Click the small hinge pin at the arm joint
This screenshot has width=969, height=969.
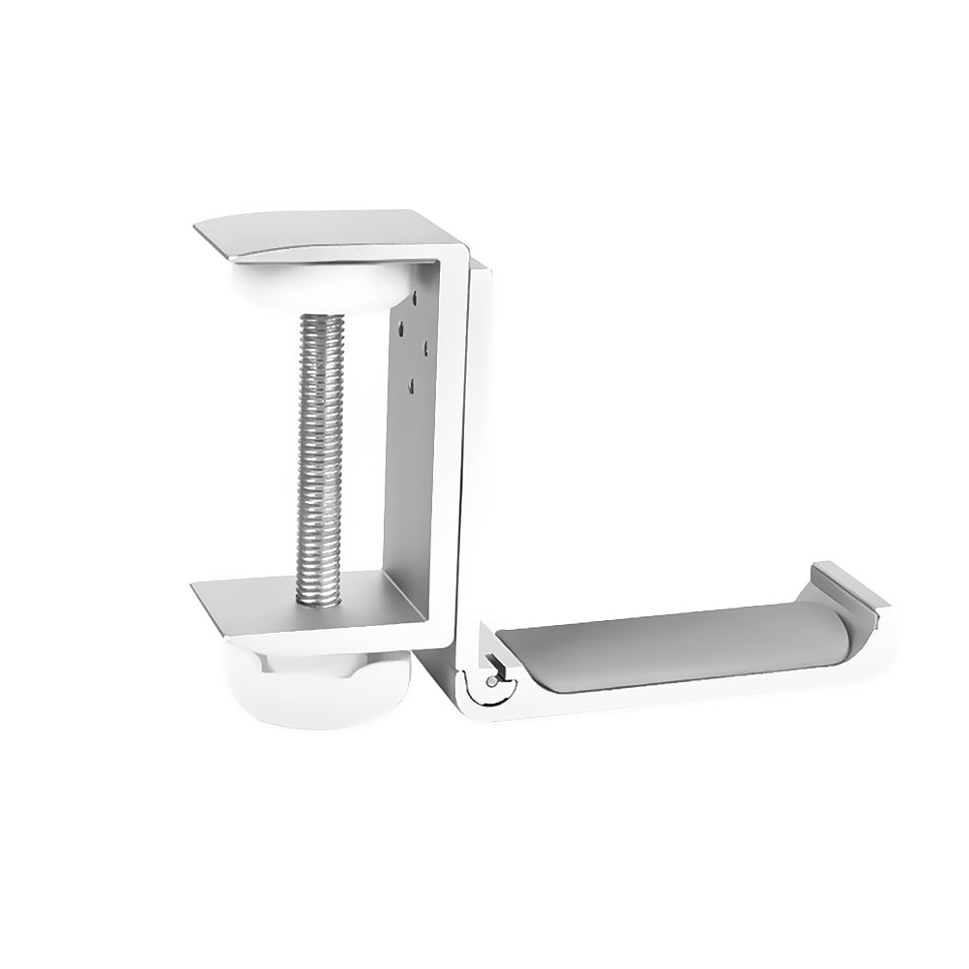click(x=493, y=681)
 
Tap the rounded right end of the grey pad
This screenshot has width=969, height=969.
click(x=839, y=635)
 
